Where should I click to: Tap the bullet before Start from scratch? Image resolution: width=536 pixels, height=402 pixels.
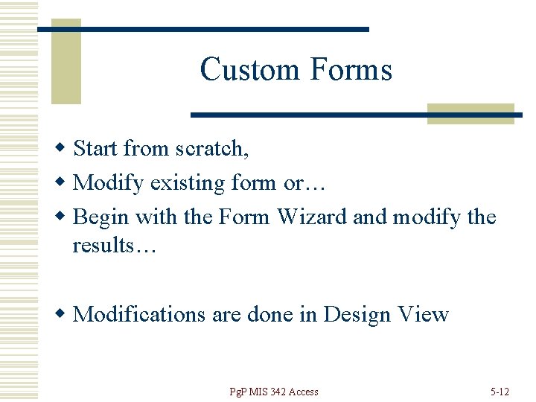(x=63, y=148)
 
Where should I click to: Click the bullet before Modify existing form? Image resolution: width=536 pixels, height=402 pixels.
(x=63, y=182)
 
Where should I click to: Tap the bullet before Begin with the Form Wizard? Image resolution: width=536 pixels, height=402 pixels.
(x=63, y=217)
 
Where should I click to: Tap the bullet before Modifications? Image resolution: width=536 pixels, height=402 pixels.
(x=63, y=314)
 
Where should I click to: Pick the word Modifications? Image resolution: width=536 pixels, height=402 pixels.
(x=139, y=314)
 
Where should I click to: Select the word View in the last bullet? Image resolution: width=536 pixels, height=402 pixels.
(x=423, y=314)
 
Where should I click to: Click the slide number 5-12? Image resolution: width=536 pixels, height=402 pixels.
(x=500, y=392)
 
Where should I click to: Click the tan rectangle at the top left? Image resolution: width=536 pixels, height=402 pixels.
(x=66, y=63)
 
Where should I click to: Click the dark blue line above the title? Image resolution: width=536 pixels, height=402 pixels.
(x=202, y=29)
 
